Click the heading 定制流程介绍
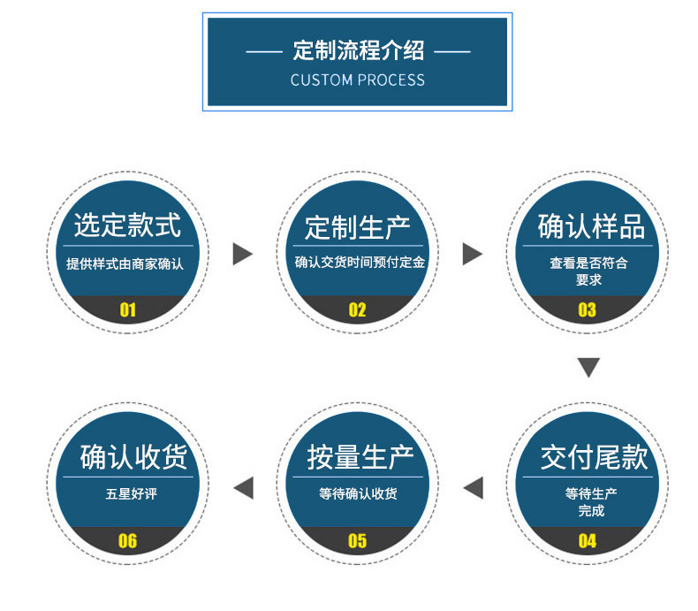357,50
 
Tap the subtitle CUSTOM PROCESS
357,80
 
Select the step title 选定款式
127,225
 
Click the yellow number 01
127,309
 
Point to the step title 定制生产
357,227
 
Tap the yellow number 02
357,309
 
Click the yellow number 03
587,309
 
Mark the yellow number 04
587,540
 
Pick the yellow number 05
357,540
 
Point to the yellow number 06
127,540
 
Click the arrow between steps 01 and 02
242,255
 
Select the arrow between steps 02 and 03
473,255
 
